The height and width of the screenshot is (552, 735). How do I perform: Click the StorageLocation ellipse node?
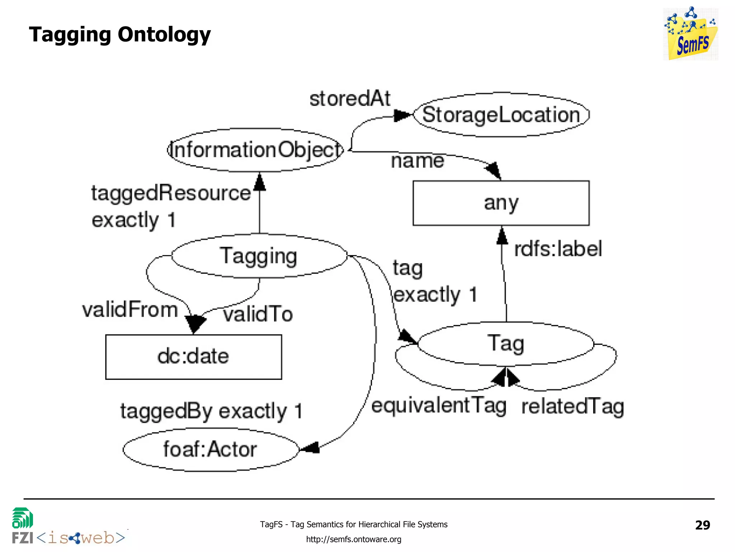(x=501, y=115)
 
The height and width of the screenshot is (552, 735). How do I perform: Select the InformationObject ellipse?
(x=256, y=150)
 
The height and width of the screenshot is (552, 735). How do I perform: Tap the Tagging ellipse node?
(x=259, y=256)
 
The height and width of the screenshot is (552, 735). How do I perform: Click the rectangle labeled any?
(x=501, y=203)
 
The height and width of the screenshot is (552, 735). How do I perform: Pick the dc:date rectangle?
(x=193, y=357)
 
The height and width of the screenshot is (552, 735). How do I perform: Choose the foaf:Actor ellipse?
(x=211, y=449)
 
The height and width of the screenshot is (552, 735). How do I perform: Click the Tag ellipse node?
(x=505, y=344)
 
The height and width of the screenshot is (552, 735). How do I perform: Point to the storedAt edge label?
(x=350, y=98)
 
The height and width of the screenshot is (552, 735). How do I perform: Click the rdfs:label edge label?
(x=558, y=249)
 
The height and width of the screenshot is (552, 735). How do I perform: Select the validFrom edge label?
(x=130, y=309)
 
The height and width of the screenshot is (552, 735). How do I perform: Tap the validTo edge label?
(x=258, y=314)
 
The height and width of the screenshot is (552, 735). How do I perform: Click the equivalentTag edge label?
(x=439, y=406)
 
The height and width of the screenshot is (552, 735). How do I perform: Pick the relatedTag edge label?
(x=572, y=406)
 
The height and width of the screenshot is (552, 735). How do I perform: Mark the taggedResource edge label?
(x=171, y=193)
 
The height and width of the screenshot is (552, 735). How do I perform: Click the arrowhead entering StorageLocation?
(x=402, y=116)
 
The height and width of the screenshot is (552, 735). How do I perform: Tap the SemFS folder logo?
(x=690, y=34)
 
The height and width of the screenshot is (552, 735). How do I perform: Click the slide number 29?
(x=702, y=525)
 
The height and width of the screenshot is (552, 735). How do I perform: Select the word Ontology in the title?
(x=164, y=35)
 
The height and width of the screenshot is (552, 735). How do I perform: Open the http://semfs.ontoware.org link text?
(x=354, y=539)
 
